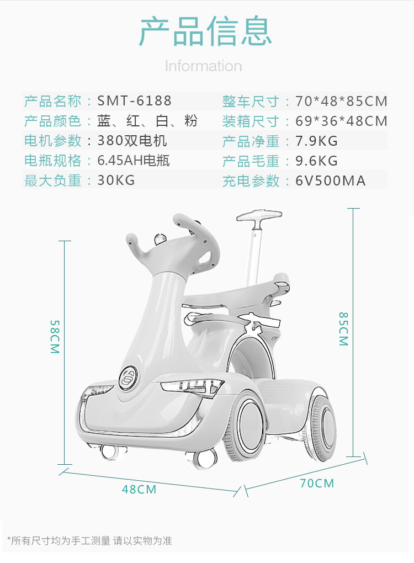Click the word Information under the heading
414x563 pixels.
click(x=203, y=66)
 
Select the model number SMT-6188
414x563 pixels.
click(x=135, y=101)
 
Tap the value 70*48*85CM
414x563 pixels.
click(x=341, y=102)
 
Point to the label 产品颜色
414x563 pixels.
click(x=52, y=121)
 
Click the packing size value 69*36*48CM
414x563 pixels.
click(x=341, y=121)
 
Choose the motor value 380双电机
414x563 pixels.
click(x=132, y=141)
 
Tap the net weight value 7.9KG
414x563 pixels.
click(x=316, y=141)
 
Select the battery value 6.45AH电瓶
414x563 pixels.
click(x=134, y=161)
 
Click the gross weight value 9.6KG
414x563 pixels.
click(x=316, y=161)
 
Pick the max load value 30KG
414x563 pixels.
click(x=116, y=180)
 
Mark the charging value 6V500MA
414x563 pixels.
click(x=330, y=181)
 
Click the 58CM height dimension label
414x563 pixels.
click(x=55, y=337)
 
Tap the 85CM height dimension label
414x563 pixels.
click(x=343, y=329)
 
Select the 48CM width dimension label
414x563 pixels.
click(x=139, y=489)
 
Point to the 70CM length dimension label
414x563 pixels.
click(x=317, y=484)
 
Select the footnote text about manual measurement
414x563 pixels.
click(x=89, y=540)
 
